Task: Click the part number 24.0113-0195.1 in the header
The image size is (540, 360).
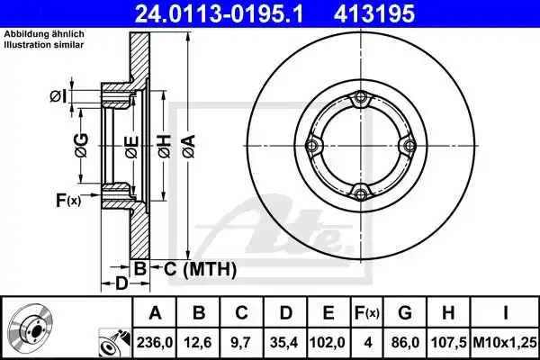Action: coord(219,13)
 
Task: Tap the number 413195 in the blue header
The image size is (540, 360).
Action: coord(374,13)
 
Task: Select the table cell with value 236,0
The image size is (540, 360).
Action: coord(155,343)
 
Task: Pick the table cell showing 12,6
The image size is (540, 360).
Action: coord(198,343)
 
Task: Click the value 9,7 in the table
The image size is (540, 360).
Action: coord(242,343)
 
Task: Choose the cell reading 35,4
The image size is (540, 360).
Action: coord(285,343)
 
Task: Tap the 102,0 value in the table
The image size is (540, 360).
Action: coord(328,343)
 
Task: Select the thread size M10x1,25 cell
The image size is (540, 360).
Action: coord(505,343)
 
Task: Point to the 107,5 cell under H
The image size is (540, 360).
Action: coord(448,343)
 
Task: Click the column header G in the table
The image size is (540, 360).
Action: coord(405,313)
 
